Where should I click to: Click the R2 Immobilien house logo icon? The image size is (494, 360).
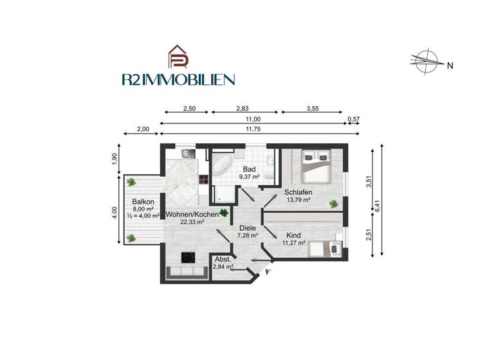pyautogui.click(x=178, y=57)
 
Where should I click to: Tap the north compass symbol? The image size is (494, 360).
pyautogui.click(x=424, y=62)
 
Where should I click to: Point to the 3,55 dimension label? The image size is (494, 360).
pyautogui.click(x=313, y=109)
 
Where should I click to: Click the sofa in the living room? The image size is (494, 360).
pyautogui.click(x=186, y=272)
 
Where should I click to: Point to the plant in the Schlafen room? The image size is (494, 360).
pyautogui.click(x=334, y=204)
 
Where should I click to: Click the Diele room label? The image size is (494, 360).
pyautogui.click(x=248, y=227)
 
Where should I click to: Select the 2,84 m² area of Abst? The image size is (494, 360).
pyautogui.click(x=224, y=266)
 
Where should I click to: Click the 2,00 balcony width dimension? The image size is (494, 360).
pyautogui.click(x=142, y=129)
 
